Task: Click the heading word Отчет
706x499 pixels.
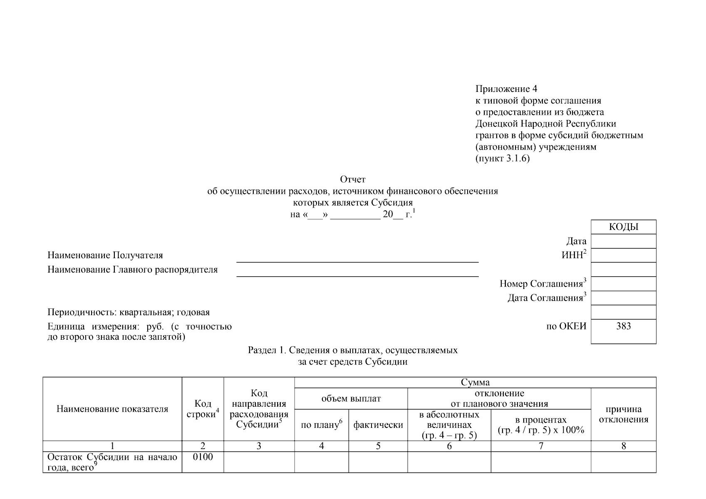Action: click(353, 180)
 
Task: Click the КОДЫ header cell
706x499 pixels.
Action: click(623, 227)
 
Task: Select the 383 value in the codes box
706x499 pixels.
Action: click(623, 326)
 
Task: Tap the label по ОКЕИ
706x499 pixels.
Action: click(566, 326)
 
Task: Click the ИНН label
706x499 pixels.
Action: click(573, 255)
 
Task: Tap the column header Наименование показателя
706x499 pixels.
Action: click(112, 409)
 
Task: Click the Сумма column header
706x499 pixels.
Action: click(475, 383)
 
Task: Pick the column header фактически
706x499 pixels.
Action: click(378, 425)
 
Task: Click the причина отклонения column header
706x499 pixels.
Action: click(623, 414)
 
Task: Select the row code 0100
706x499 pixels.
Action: click(203, 457)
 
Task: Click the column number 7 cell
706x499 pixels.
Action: click(541, 446)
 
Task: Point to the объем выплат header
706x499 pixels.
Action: click(351, 399)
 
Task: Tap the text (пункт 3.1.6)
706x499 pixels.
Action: click(503, 159)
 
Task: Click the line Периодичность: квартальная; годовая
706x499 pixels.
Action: click(129, 312)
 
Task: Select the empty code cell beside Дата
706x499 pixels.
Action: click(623, 241)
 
